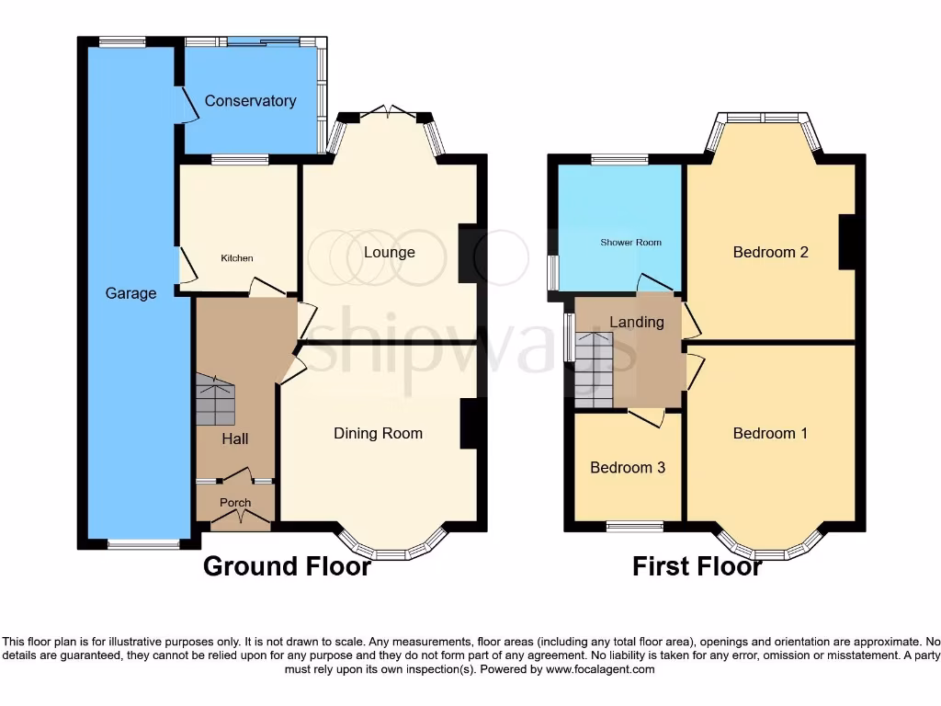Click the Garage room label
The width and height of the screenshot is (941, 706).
coord(130,293)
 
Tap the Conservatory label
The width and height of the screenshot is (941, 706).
coord(250,100)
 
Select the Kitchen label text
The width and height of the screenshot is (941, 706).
coord(236,258)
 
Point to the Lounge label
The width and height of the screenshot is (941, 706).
coord(389,252)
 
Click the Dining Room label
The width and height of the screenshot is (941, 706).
coord(378,433)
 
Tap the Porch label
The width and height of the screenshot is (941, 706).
coord(235,503)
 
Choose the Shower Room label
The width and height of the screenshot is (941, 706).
coord(630,243)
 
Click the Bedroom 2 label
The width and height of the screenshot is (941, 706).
coord(770,251)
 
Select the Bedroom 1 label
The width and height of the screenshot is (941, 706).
coord(770,433)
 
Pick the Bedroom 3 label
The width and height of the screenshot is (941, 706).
coord(628,467)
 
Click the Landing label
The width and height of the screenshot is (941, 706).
coord(637,322)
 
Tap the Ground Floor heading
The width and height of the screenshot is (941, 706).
coord(287,566)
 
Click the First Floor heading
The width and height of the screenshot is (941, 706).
coord(697,566)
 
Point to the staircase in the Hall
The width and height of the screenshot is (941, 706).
coord(215,400)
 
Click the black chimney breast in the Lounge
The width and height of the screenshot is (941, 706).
coord(467,253)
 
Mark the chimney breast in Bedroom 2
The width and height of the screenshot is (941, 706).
coord(846,242)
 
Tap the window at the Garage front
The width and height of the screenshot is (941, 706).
coord(143,544)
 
